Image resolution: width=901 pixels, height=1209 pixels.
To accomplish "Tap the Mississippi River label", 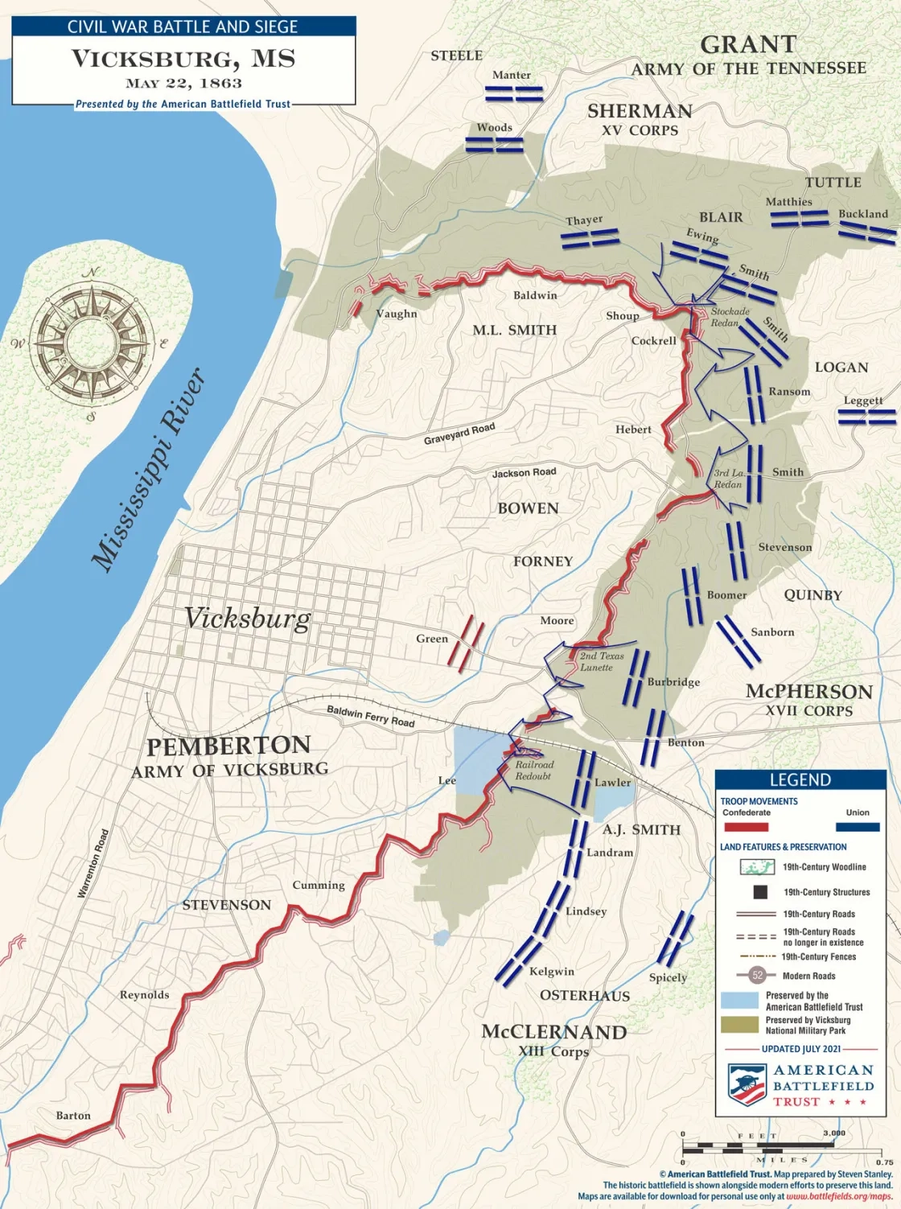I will (x=150, y=471).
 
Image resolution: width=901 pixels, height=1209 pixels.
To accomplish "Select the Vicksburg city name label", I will (x=247, y=618).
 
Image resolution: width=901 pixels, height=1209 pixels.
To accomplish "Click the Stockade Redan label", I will (x=730, y=317).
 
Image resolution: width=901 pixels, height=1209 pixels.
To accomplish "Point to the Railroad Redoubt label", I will (x=534, y=771).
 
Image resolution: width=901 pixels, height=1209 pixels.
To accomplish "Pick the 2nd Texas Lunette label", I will (x=601, y=661).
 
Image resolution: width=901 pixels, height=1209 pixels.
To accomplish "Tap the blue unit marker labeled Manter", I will (x=514, y=93).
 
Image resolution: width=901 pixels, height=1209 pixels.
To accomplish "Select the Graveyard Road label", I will (x=459, y=434).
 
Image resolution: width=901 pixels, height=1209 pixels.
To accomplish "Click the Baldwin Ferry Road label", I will (x=370, y=715).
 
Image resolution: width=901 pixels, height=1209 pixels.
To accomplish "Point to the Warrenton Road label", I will (x=93, y=864).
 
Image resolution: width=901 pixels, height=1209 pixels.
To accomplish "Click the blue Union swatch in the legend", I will (x=858, y=826).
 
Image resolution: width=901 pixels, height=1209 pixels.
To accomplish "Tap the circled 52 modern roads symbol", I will (x=757, y=975).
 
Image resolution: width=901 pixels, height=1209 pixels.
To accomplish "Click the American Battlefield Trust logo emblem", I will (x=747, y=1084).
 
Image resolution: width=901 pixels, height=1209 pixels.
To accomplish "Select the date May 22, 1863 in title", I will (x=183, y=83).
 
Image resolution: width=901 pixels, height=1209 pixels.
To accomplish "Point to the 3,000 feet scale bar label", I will (x=833, y=1133).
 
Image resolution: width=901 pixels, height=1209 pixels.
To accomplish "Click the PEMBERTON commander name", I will (x=228, y=746).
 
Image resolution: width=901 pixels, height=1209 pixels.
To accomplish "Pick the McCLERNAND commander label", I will (x=553, y=1032).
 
